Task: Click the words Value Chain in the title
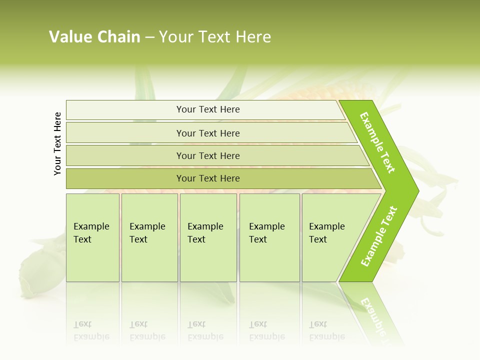coord(94,37)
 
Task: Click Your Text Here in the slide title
coord(215,37)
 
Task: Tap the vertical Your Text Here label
coord(58,143)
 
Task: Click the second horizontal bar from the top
coord(207,133)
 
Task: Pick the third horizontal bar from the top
coord(207,155)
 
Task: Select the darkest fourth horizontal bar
coord(207,178)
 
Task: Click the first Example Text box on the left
coord(92,237)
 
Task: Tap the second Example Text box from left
coord(149,237)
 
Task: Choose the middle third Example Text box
coord(208,237)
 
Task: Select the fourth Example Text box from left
coord(269,237)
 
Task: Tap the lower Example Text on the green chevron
coord(379,236)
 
